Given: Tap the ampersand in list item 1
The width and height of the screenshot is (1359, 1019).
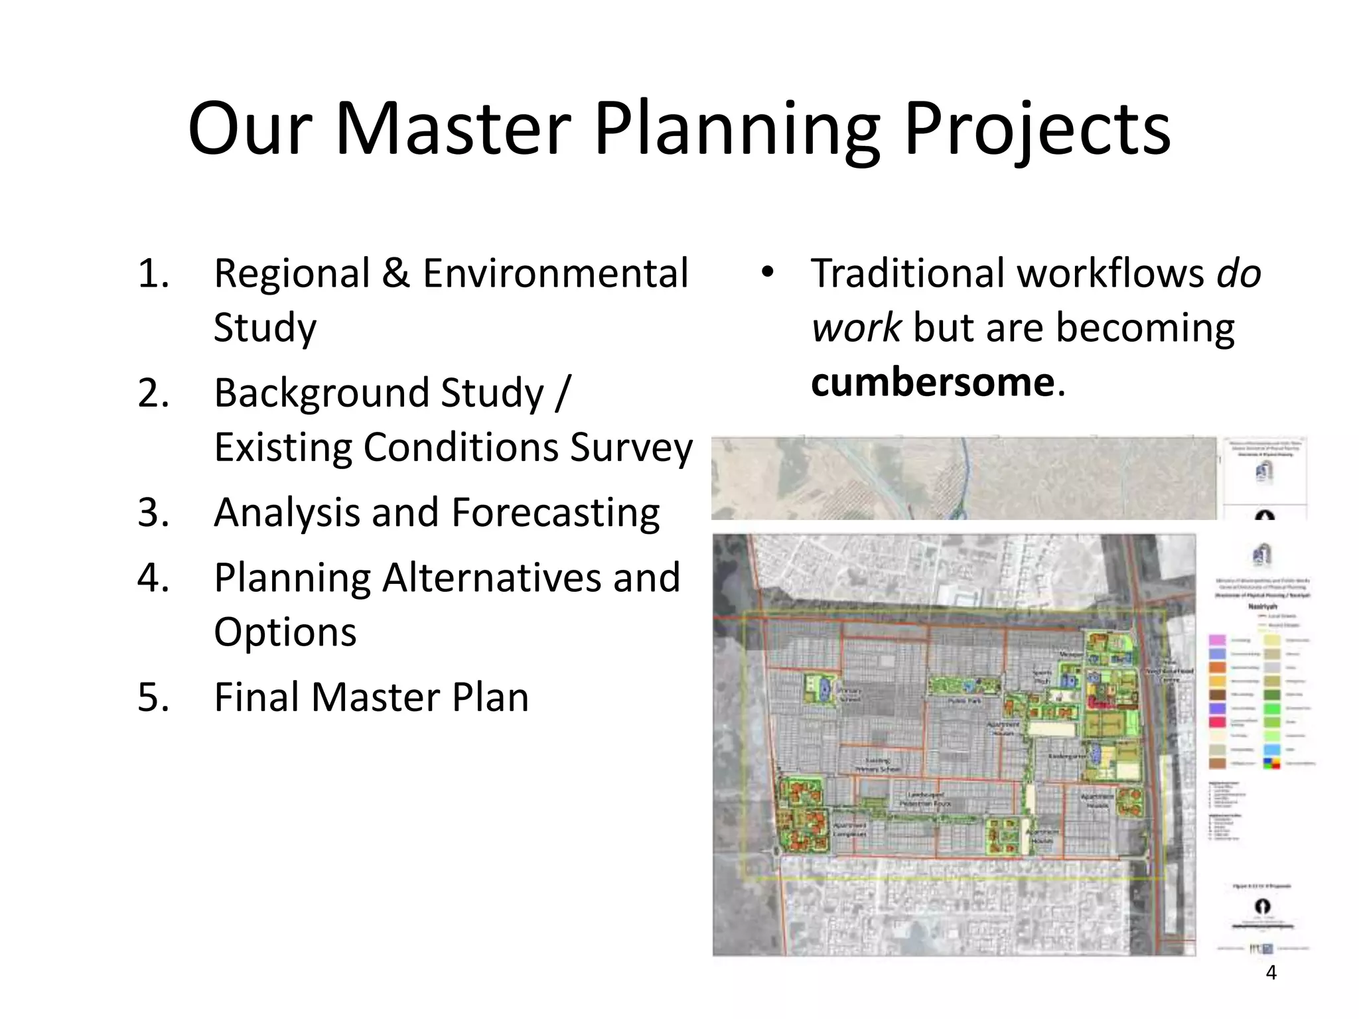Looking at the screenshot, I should pos(396,273).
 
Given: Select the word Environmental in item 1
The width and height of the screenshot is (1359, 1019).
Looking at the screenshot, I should pos(556,273).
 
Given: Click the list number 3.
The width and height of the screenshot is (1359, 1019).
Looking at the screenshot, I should pos(153,512).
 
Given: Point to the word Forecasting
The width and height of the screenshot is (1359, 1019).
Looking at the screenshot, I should pos(556,512).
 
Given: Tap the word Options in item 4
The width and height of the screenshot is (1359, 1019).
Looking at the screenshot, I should pos(285,632).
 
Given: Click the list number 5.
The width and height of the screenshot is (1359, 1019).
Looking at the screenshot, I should pos(153,697).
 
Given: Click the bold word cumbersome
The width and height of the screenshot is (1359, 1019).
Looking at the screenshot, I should pos(933,382).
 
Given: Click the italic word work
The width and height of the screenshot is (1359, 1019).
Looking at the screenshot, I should pos(856,328).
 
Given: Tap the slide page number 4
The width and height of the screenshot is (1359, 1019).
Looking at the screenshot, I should pos(1271,973).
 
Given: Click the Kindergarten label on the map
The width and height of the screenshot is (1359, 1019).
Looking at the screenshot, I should pos(1066,756).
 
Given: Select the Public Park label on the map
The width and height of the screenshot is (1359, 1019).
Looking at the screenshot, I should pos(964,701).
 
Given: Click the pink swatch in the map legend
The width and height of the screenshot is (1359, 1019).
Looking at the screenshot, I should pos(1217,640).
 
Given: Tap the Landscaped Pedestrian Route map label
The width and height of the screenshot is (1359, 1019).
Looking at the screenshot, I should pos(925,799).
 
